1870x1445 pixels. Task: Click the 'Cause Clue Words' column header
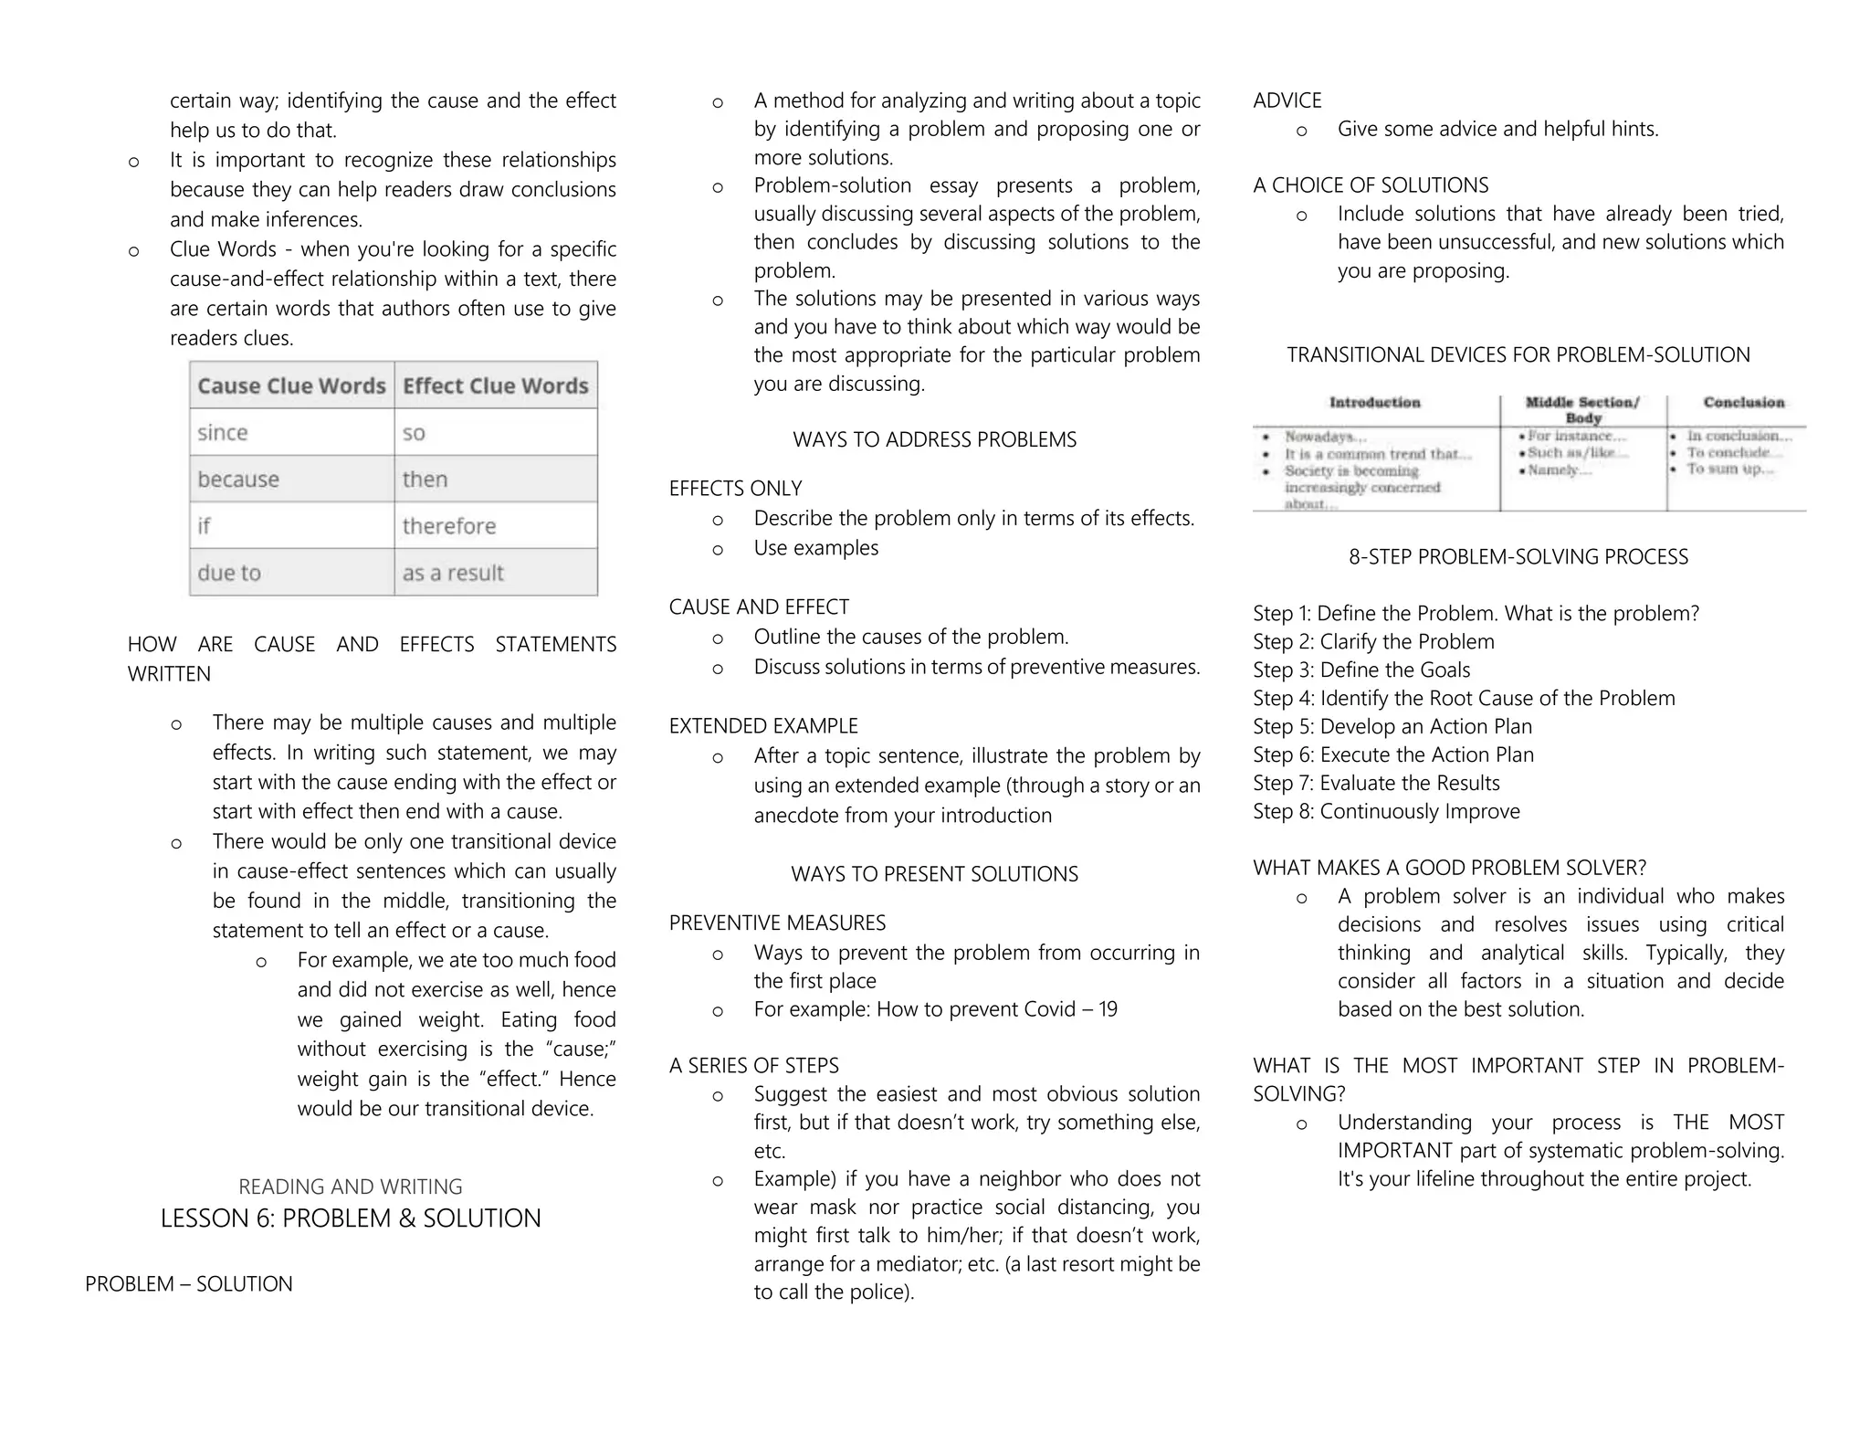click(x=291, y=386)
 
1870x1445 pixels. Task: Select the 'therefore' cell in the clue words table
click(x=449, y=526)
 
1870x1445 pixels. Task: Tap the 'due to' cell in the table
click(x=229, y=573)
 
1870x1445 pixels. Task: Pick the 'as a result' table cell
click(x=453, y=573)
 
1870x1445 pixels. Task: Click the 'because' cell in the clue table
click(x=238, y=480)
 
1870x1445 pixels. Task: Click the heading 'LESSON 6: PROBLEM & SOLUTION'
click(x=351, y=1218)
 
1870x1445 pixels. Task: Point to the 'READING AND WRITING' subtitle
click(x=351, y=1187)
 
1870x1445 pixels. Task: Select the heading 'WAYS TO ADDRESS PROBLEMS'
click(x=934, y=439)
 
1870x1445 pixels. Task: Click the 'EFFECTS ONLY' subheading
click(x=735, y=489)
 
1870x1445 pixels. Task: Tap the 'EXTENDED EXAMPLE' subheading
click(x=763, y=726)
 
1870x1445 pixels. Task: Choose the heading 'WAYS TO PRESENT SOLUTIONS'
click(x=934, y=874)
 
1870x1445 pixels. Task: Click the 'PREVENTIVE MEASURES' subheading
click(x=777, y=923)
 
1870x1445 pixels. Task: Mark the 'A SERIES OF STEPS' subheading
click(x=753, y=1065)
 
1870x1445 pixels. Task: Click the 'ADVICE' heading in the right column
click(x=1287, y=100)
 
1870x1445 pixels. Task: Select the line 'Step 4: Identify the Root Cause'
click(x=1464, y=699)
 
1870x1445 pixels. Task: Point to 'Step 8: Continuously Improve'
click(x=1386, y=811)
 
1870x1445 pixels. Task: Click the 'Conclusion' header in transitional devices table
click(x=1743, y=403)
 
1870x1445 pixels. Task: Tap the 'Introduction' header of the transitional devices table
click(x=1374, y=403)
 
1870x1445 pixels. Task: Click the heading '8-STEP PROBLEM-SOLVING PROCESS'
click(x=1518, y=557)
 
